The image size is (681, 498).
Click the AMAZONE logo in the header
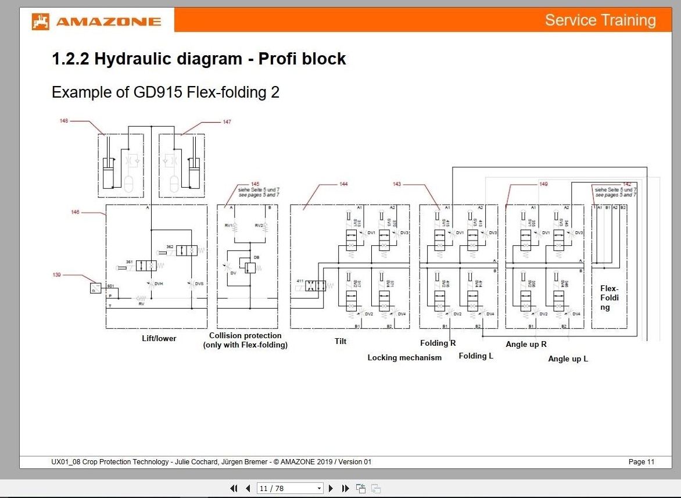pos(97,22)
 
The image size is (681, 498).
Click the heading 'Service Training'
pos(600,20)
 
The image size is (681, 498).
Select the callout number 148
pos(64,121)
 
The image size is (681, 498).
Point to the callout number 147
pos(227,122)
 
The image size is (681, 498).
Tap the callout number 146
pos(75,212)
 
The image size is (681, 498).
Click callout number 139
pos(56,274)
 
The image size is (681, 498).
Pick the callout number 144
pos(343,184)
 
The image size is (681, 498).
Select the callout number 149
pos(543,184)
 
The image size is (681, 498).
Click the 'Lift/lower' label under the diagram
pos(159,338)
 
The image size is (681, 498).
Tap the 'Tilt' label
pos(340,341)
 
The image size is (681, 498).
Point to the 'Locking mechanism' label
pos(404,357)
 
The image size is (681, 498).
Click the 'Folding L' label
pos(476,356)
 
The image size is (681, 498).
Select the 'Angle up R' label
pos(526,344)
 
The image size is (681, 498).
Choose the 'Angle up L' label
pos(568,359)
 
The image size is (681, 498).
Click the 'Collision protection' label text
pos(245,335)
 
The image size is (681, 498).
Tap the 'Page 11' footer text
pos(641,462)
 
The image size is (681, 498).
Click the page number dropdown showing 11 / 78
pos(289,488)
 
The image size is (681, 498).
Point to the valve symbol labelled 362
pos(186,250)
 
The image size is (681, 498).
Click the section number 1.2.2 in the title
pos(70,59)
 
